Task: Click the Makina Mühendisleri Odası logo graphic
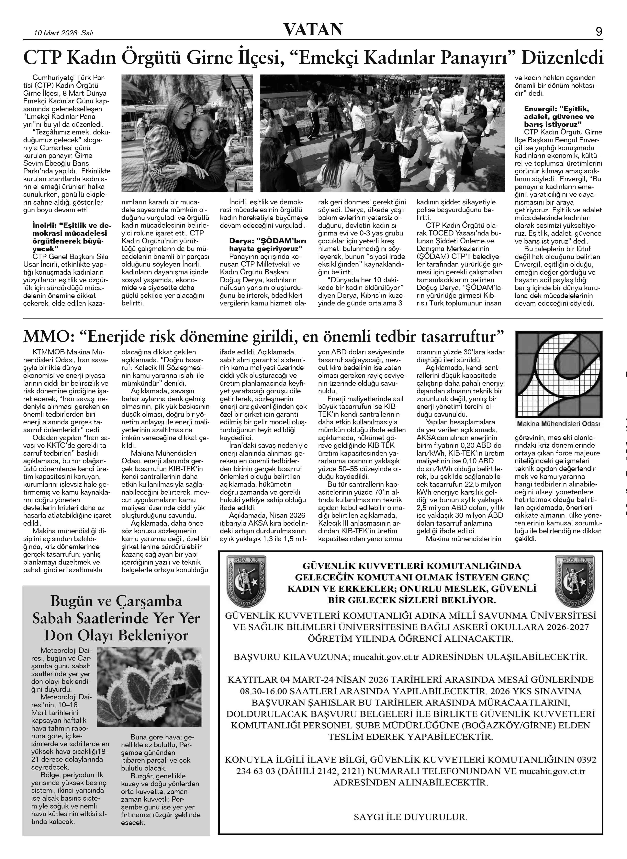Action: click(x=559, y=374)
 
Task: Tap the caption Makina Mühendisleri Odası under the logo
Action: click(x=559, y=424)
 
